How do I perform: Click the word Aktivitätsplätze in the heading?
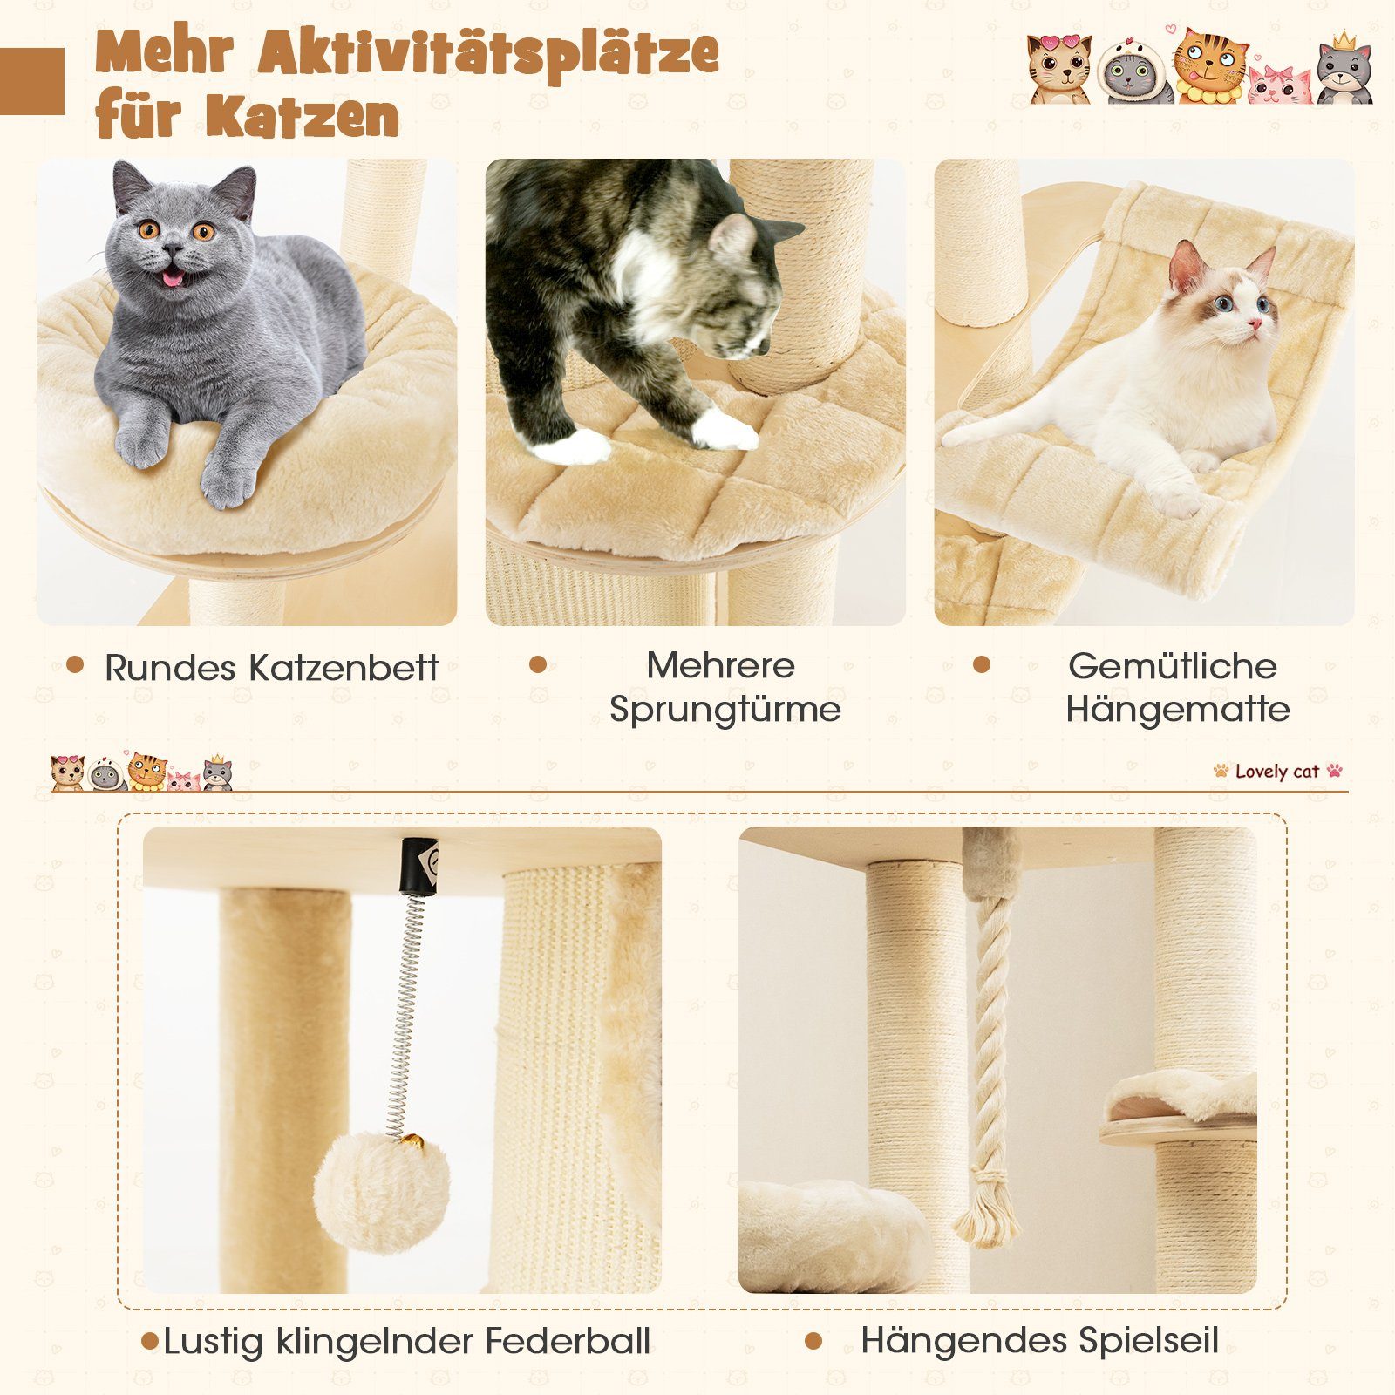(488, 54)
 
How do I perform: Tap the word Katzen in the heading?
(303, 116)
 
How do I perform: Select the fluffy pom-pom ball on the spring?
(381, 1192)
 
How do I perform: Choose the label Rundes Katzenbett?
(271, 668)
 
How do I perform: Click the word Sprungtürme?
(725, 709)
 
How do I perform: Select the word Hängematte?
(1177, 709)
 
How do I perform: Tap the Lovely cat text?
(1277, 772)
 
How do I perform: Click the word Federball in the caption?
(568, 1341)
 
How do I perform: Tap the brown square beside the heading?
(31, 81)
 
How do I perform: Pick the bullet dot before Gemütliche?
(982, 665)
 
